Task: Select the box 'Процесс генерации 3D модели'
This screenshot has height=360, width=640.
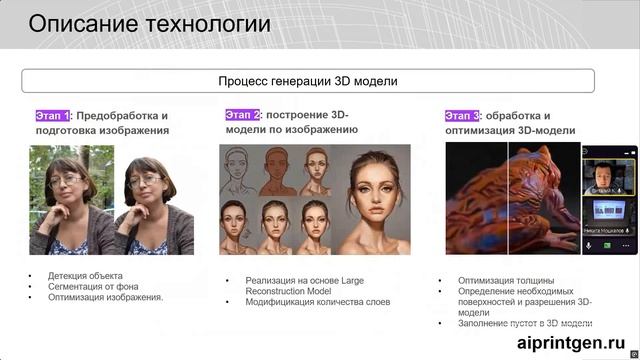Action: click(308, 81)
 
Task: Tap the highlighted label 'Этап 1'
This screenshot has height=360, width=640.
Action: click(52, 115)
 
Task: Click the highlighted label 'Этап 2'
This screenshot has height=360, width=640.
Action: click(242, 115)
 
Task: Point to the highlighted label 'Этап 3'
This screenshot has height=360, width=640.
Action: click(462, 115)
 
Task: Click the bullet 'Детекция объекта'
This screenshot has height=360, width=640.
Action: click(85, 275)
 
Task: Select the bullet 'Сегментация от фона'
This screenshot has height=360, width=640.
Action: click(94, 286)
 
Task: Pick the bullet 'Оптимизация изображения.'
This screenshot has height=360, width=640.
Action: click(105, 297)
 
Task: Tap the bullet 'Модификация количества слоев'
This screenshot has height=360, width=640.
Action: click(317, 302)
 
